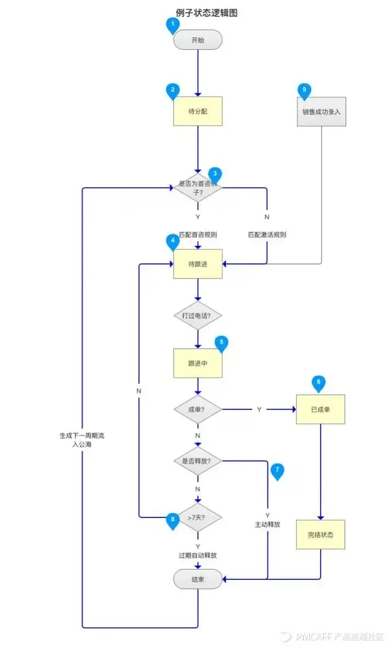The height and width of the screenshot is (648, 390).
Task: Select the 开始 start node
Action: click(198, 40)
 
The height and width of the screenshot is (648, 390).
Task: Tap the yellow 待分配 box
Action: click(198, 111)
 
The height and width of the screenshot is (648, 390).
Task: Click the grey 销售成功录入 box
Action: click(322, 111)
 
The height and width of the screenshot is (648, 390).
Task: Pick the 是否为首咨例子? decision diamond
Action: click(198, 188)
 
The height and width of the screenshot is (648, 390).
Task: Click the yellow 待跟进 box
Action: click(198, 264)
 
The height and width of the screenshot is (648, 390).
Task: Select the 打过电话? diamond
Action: click(198, 316)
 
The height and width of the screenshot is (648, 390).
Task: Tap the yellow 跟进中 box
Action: click(198, 363)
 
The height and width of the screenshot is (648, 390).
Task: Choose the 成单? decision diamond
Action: click(198, 410)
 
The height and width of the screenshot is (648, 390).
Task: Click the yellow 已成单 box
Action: click(320, 409)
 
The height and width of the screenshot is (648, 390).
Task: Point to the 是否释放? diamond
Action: click(198, 461)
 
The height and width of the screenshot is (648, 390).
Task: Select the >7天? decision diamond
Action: click(198, 516)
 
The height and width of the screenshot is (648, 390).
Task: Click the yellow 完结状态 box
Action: click(320, 534)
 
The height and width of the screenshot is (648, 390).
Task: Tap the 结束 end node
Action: click(198, 579)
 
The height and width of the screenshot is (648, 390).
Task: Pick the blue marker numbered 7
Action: click(278, 470)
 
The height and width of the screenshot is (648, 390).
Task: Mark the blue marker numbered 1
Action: click(173, 25)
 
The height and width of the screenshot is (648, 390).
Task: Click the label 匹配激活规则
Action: click(267, 235)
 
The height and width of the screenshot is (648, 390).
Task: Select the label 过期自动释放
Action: click(198, 555)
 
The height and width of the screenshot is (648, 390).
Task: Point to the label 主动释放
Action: click(267, 524)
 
